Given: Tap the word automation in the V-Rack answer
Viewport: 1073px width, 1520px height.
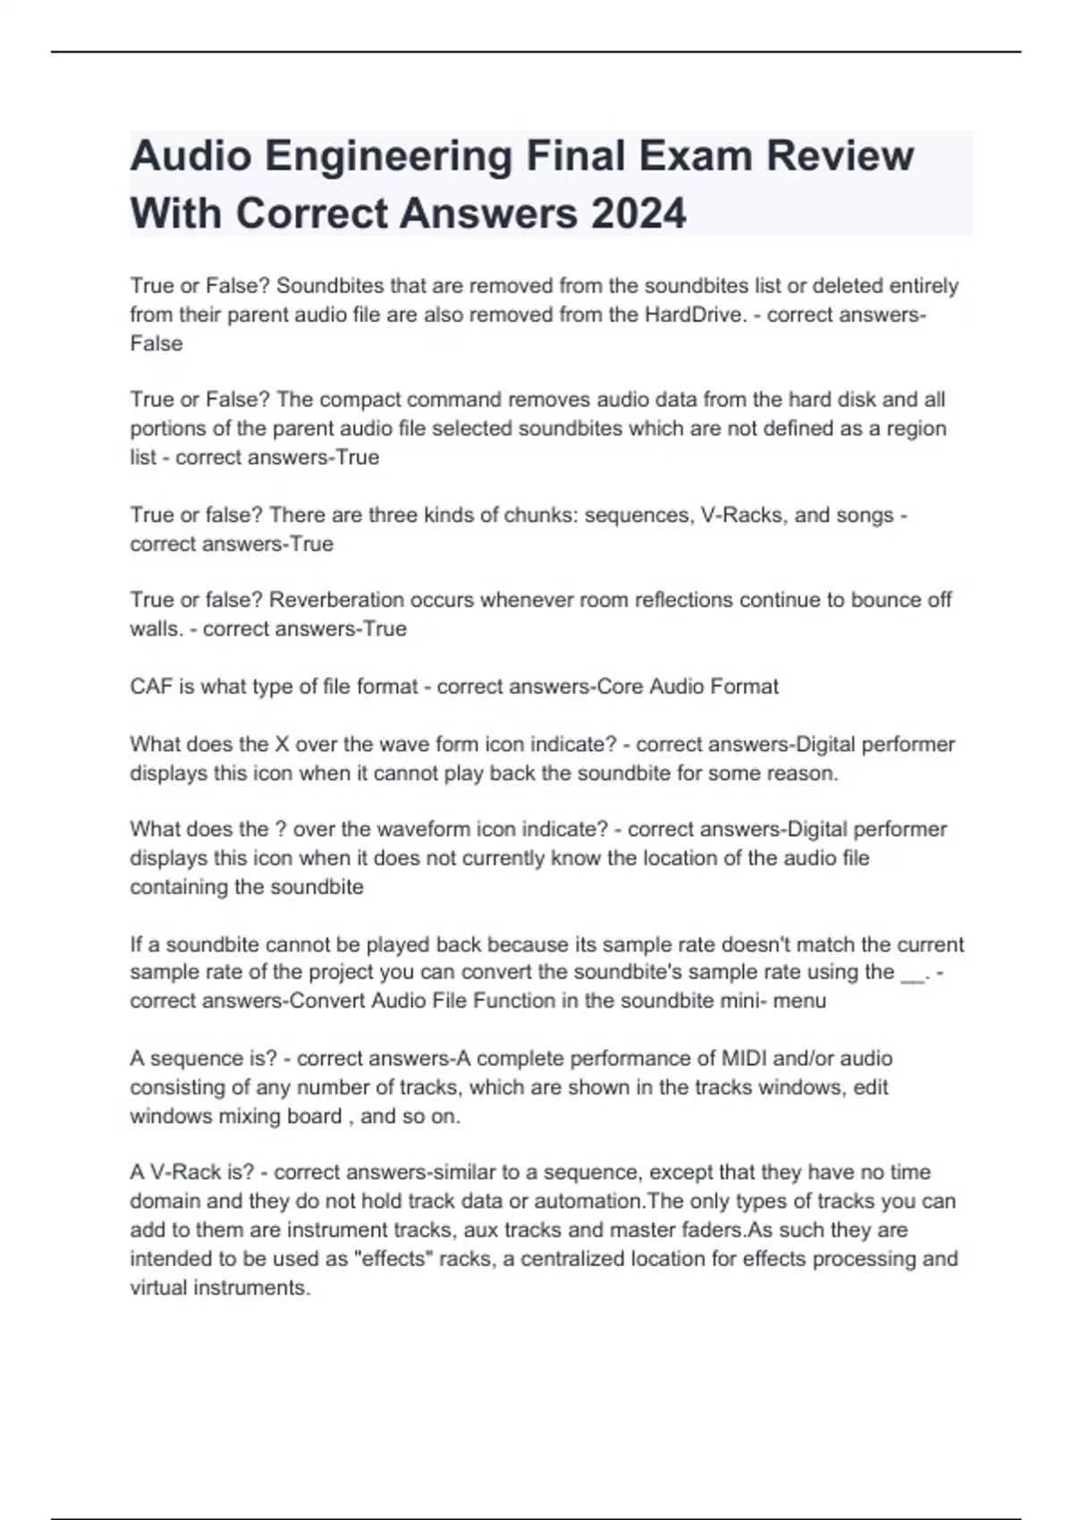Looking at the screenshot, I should (588, 1201).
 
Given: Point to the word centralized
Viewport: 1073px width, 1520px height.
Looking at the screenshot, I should (572, 1259).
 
